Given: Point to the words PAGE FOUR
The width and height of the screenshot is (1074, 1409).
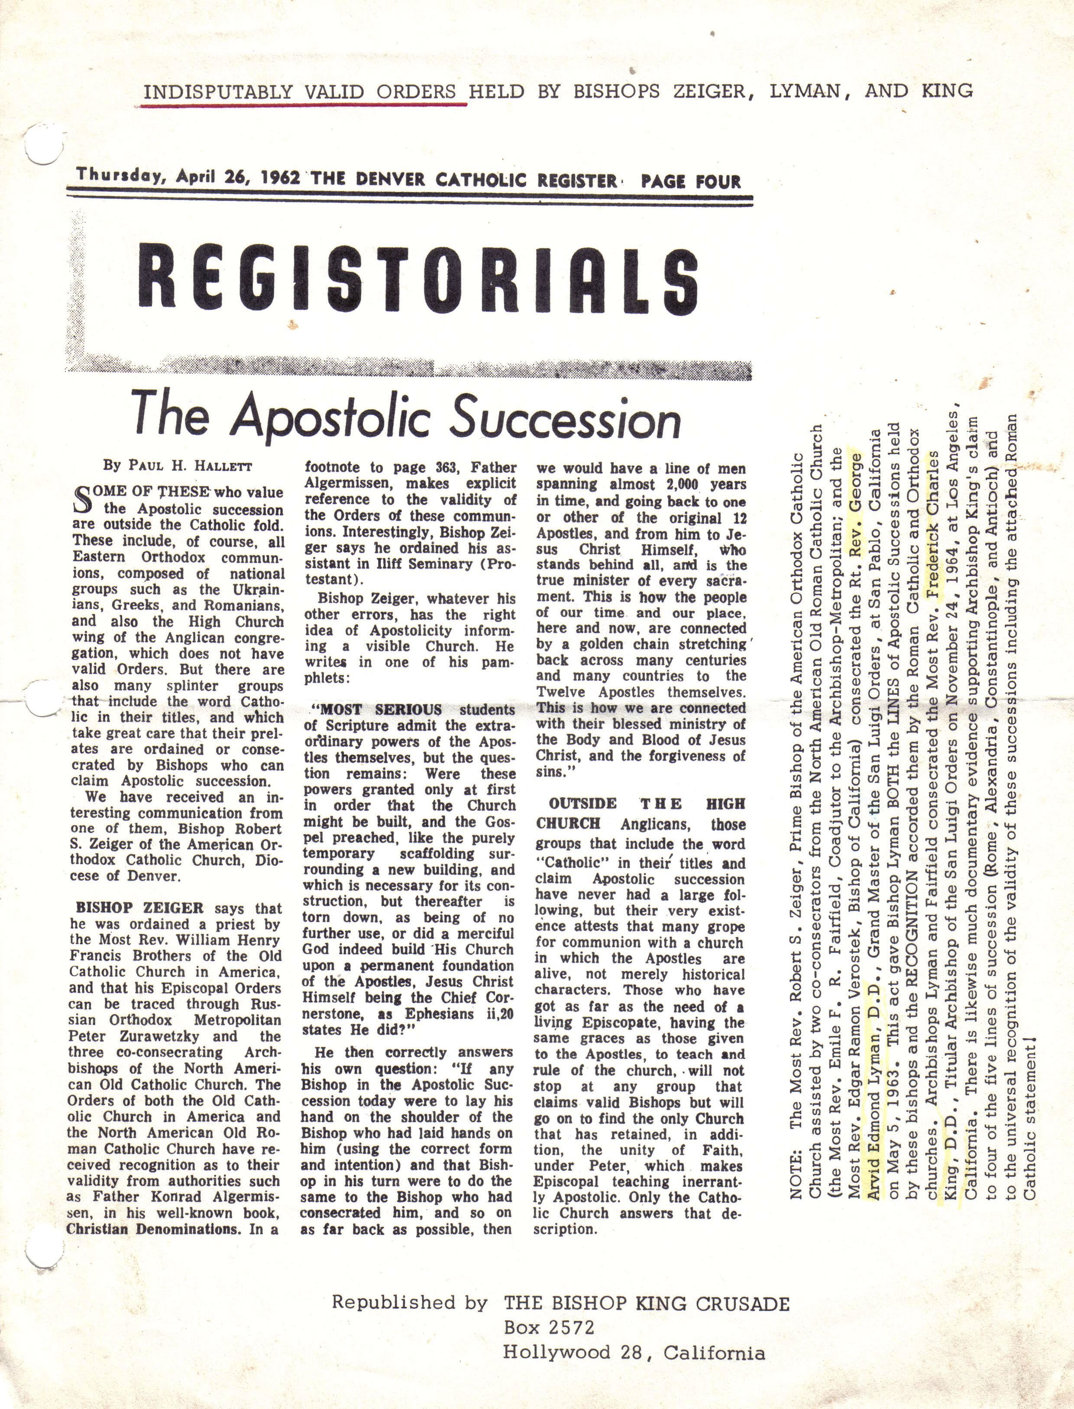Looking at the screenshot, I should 690,181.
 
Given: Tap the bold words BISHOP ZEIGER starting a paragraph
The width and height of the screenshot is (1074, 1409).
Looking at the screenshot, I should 139,908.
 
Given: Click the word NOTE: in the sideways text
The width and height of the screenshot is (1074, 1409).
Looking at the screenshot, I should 796,1176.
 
